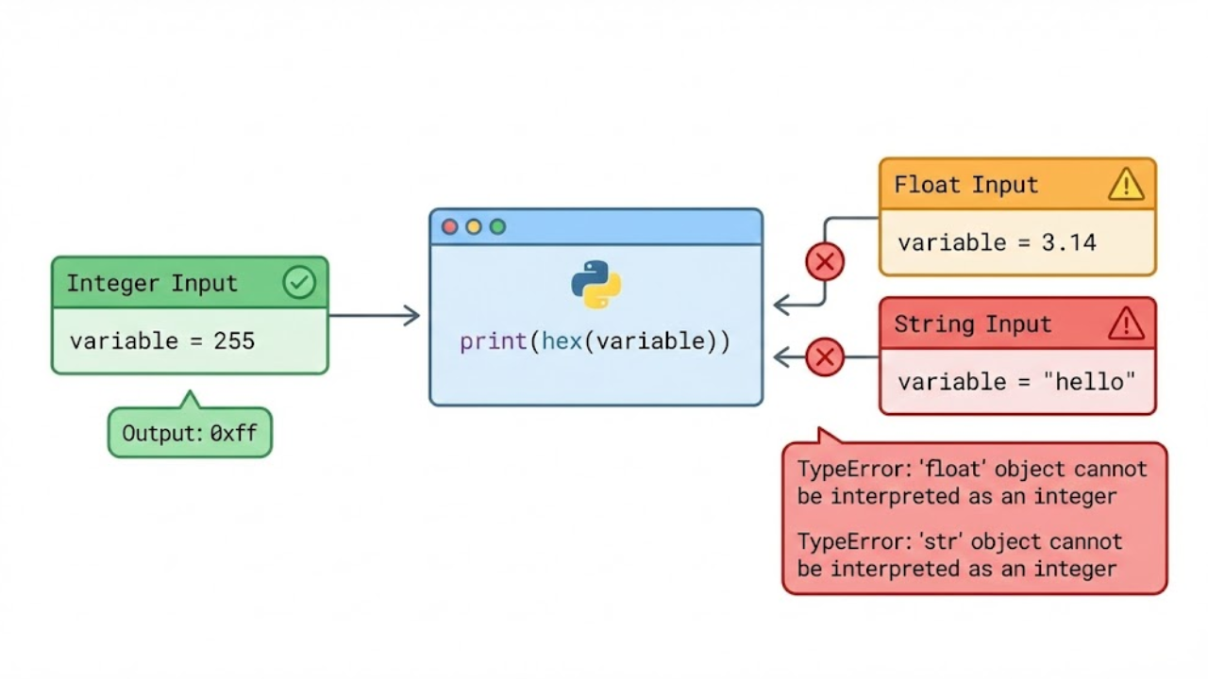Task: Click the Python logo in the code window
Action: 596,285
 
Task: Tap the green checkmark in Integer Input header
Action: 299,283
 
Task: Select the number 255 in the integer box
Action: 234,340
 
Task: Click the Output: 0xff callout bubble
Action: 190,434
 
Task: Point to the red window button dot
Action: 450,227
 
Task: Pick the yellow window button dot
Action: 474,227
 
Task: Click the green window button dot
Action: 497,227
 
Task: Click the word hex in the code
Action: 562,341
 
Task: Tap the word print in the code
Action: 496,341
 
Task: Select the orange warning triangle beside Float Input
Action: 1126,185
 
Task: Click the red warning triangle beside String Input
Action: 1126,324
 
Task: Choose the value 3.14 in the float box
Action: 1068,243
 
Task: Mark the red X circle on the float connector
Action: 825,262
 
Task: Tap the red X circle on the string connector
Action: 825,357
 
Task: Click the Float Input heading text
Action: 965,185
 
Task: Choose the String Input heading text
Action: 972,324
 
